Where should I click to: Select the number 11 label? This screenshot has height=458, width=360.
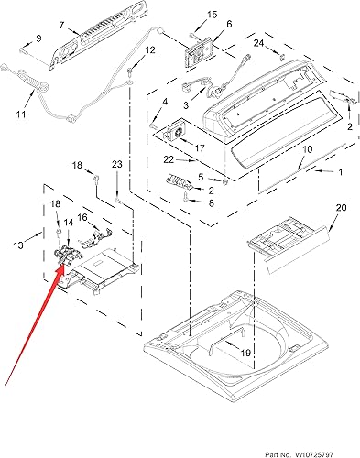point(20,114)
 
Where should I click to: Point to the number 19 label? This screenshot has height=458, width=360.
point(245,351)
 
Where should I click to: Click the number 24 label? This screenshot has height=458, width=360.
point(258,43)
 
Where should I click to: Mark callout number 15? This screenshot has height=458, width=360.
point(213,15)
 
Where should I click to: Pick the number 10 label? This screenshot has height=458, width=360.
point(306,148)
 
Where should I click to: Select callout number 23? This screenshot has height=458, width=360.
point(117,164)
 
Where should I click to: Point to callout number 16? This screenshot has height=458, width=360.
point(82,218)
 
